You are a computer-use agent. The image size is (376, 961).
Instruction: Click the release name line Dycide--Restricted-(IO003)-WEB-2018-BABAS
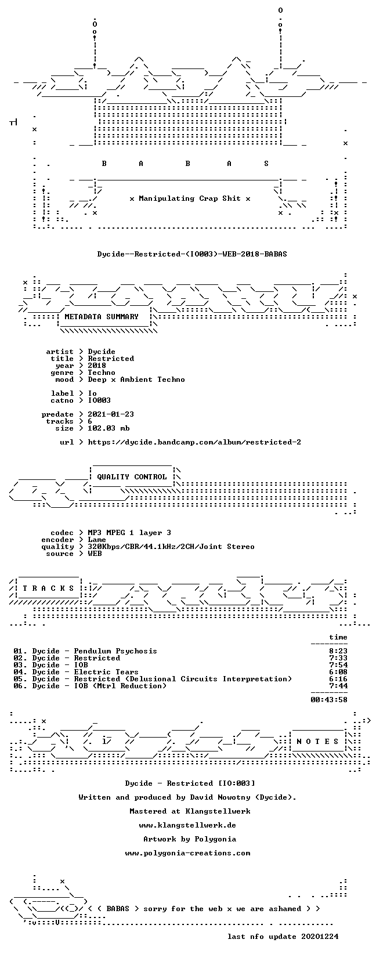192,254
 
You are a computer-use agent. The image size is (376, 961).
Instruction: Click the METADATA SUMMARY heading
102,317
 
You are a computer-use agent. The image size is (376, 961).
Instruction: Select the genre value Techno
102,373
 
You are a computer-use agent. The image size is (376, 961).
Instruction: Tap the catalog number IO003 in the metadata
99,400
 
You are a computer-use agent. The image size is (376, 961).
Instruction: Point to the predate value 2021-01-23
111,414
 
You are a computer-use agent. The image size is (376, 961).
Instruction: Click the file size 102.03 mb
109,428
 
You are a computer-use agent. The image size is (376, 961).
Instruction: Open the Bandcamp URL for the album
194,442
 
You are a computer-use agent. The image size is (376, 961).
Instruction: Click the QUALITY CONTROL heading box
132,476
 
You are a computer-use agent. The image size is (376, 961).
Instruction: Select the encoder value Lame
97,540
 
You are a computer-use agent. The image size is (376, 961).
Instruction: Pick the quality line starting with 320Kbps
171,547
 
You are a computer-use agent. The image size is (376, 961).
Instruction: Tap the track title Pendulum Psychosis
115,651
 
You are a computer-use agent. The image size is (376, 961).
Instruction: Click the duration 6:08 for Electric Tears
338,672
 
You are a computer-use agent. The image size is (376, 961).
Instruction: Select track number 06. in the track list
20,686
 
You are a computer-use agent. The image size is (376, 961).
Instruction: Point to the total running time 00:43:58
329,700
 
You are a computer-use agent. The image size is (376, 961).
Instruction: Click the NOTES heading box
318,741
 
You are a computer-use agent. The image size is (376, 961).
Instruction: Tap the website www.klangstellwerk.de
187,825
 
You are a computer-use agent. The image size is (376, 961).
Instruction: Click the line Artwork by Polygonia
190,839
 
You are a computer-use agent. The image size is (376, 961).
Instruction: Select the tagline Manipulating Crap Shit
190,198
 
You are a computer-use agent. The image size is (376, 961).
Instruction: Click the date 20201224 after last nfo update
320,937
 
